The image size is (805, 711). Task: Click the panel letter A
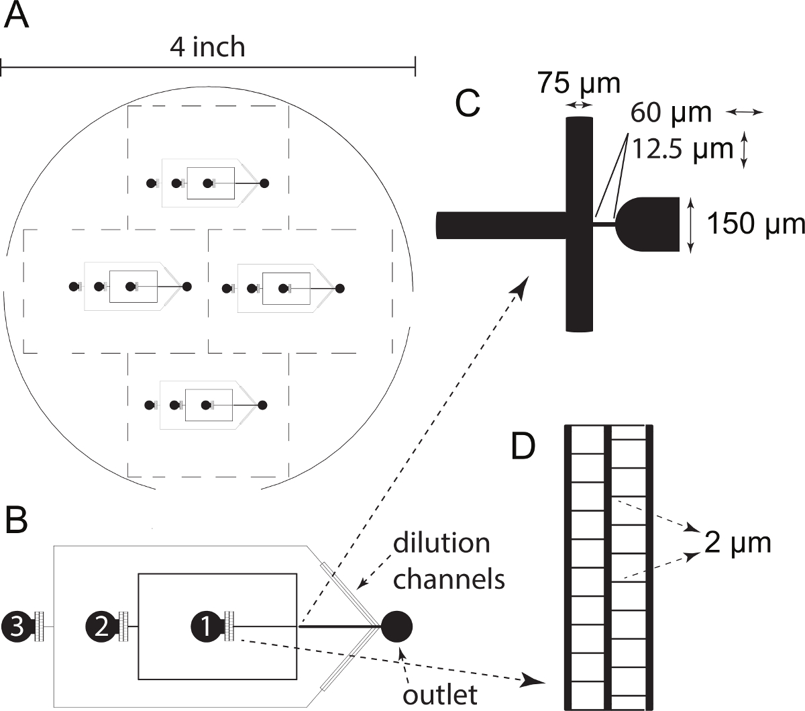coord(17,16)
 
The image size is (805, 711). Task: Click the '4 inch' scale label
coord(207,48)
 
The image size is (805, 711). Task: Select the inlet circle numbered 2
coord(101,626)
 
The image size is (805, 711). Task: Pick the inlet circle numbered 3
coord(17,626)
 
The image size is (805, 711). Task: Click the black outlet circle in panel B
coord(396,626)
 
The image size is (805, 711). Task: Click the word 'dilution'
coord(441,543)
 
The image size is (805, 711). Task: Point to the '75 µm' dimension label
coord(578,84)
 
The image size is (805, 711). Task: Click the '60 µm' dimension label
coord(671,113)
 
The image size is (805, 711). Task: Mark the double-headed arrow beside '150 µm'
coord(691,224)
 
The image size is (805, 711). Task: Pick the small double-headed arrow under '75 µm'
coord(578,105)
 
